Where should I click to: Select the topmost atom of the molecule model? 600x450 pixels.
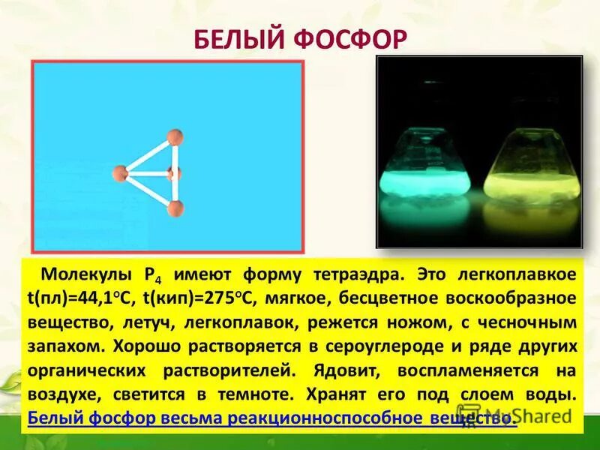175,136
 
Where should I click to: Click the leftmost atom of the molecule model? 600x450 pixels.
120,173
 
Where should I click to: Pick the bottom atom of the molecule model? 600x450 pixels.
175,208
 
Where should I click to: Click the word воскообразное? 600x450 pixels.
517,297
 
